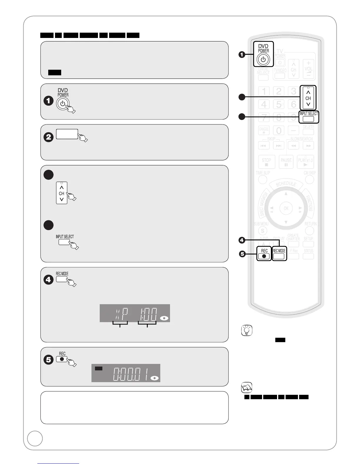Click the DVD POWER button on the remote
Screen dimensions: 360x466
tap(263, 59)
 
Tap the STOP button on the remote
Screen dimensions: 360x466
tap(266, 162)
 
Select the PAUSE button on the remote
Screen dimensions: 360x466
tap(286, 162)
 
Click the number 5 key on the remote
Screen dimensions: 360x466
tap(279, 104)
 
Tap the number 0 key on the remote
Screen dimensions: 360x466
tap(279, 130)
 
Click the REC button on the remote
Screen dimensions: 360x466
tap(264, 256)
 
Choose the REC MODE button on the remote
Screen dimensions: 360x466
tap(279, 256)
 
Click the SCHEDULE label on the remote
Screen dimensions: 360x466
tap(286, 184)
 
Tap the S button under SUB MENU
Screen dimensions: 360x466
tap(262, 231)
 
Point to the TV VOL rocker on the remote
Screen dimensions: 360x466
tap(308, 69)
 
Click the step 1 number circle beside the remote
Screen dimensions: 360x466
tap(242, 55)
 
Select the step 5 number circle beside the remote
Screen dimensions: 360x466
tap(242, 254)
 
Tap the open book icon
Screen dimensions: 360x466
tap(246, 388)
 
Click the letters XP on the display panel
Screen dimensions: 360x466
tap(121, 314)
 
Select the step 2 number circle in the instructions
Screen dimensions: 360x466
tap(49, 137)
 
